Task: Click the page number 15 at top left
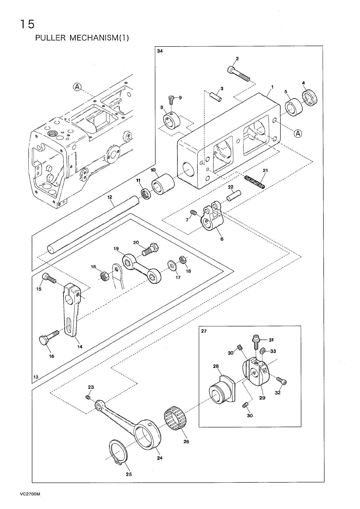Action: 27,24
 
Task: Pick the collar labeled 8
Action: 171,121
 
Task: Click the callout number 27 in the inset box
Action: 204,331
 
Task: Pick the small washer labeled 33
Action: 263,350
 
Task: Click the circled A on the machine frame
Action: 77,87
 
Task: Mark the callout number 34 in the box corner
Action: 160,51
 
